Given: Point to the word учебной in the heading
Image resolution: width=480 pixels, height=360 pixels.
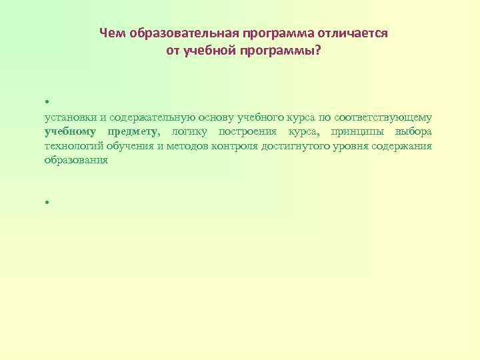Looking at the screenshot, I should tap(216, 51).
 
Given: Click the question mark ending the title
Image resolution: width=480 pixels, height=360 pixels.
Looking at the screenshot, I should tap(317, 51).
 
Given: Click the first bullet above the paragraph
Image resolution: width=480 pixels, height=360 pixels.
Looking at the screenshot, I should tap(47, 103).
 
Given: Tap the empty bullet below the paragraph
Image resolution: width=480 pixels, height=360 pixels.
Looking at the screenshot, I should tap(47, 202).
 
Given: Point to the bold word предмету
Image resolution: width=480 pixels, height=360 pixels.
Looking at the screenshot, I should tap(133, 131).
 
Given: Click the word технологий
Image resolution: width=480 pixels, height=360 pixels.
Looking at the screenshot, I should tap(73, 146).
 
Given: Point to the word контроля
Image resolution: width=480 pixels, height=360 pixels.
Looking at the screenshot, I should tap(232, 146).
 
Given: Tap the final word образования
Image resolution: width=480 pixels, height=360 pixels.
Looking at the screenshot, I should tap(76, 161).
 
